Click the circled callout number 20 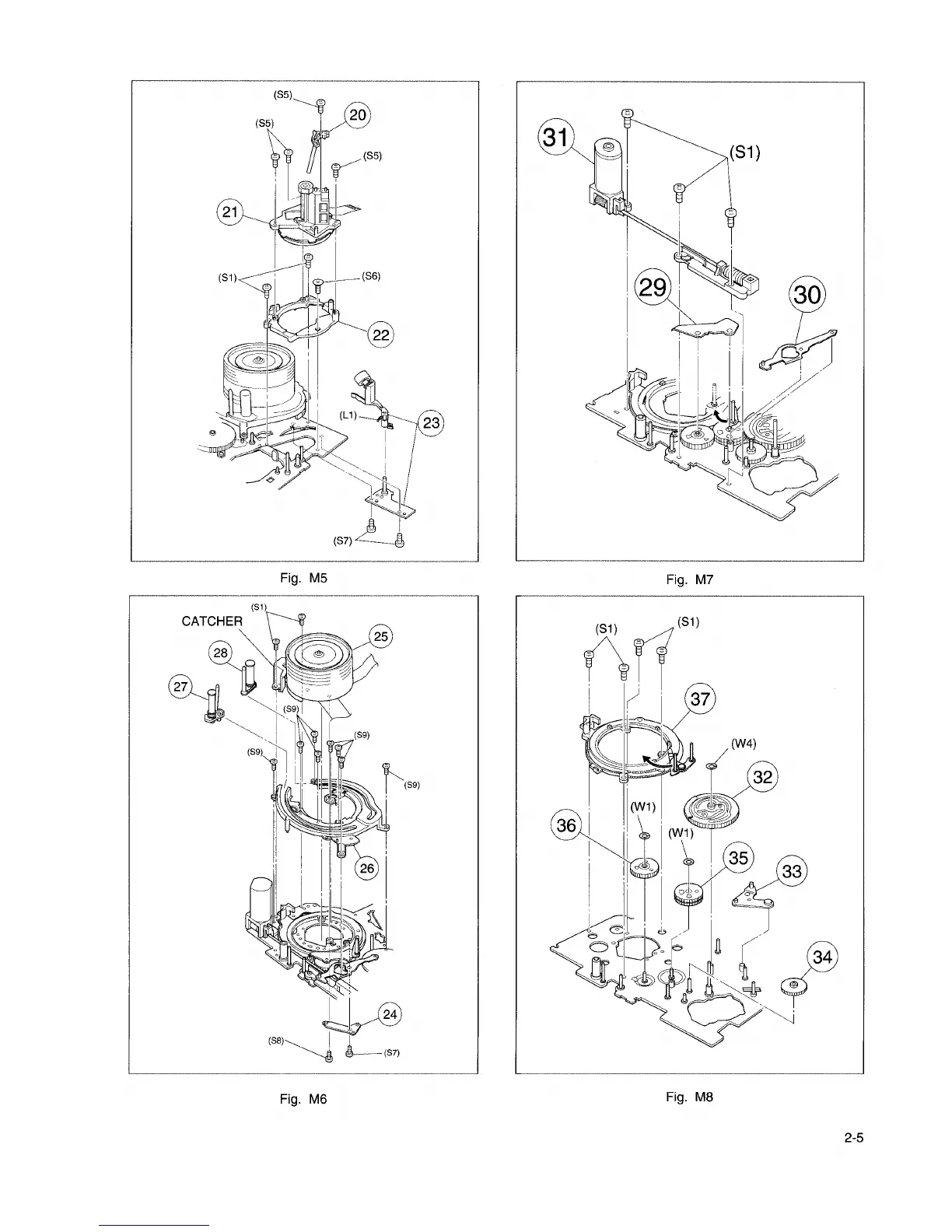pyautogui.click(x=357, y=116)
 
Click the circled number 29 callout pyautogui.click(x=651, y=288)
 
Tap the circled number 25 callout pyautogui.click(x=381, y=637)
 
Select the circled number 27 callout pyautogui.click(x=181, y=687)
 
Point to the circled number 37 pyautogui.click(x=700, y=698)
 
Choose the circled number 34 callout pyautogui.click(x=822, y=957)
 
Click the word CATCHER pyautogui.click(x=212, y=621)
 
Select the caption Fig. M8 pyautogui.click(x=689, y=1097)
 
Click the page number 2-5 pyautogui.click(x=853, y=1138)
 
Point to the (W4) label pyautogui.click(x=744, y=742)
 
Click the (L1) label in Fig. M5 pyautogui.click(x=347, y=415)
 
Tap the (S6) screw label pyautogui.click(x=369, y=276)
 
